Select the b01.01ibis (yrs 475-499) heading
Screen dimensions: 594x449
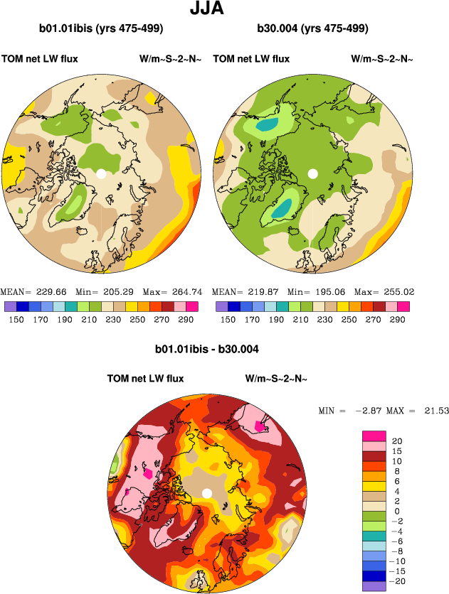102,29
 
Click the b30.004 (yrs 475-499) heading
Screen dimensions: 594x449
313,29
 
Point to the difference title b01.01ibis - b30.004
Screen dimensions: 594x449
207,350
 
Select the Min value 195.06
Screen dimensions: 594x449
328,292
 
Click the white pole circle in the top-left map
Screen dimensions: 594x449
101,173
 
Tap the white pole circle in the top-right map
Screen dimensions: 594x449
312,173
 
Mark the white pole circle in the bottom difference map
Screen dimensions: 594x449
207,493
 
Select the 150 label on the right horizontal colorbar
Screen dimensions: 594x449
228,320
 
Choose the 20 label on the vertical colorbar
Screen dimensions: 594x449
397,441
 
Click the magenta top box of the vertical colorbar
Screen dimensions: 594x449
374,435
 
